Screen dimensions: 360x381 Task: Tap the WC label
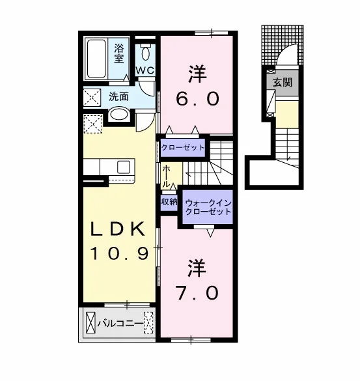[x=145, y=70]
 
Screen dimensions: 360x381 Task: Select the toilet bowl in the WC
[x=145, y=52]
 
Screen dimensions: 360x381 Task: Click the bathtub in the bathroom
[x=96, y=59]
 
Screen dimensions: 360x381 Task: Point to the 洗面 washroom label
[x=118, y=96]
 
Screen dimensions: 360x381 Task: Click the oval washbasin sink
[x=119, y=115]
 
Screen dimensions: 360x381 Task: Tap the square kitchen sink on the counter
[x=124, y=167]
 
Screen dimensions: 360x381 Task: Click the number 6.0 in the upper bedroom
[x=197, y=100]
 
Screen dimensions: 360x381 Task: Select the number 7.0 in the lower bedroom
[x=197, y=293]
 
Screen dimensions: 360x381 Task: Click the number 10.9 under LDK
[x=119, y=254]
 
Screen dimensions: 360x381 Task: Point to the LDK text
[x=118, y=229]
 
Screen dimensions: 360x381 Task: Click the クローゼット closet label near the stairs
[x=183, y=147]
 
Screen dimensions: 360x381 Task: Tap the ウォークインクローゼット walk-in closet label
[x=208, y=207]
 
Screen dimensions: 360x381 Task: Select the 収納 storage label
[x=169, y=201]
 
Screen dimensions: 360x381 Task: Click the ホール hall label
[x=166, y=176]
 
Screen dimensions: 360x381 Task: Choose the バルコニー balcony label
[x=120, y=324]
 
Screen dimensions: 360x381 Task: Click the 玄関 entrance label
[x=283, y=83]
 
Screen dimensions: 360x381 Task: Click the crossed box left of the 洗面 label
[x=92, y=98]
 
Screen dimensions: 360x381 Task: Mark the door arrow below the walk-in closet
[x=211, y=233]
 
